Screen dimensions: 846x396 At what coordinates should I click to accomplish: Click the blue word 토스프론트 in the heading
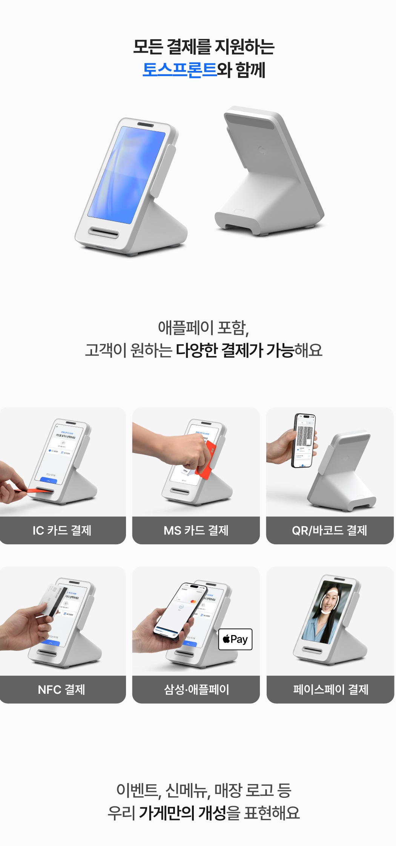(x=180, y=70)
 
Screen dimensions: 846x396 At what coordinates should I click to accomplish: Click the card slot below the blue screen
(x=103, y=232)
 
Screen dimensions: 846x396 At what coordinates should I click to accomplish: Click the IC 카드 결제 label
(x=62, y=530)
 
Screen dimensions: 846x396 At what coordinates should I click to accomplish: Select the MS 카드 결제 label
(x=196, y=530)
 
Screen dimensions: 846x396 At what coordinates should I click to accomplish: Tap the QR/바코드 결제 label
(x=330, y=530)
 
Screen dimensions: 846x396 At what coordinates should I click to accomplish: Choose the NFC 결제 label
(x=62, y=690)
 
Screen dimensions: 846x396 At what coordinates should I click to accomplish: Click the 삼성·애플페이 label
(x=196, y=690)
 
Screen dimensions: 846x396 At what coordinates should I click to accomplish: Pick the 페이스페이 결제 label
(x=330, y=690)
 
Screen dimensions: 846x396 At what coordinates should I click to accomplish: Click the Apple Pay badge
(x=235, y=639)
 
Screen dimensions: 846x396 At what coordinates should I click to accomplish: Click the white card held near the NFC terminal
(x=51, y=599)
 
